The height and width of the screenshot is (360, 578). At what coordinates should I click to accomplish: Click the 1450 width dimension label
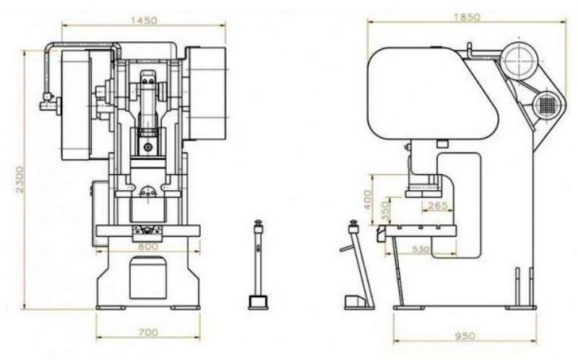click(x=144, y=20)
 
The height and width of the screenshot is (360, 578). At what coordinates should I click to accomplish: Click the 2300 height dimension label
click(x=20, y=179)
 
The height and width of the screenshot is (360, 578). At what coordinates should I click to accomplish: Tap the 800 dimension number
click(x=147, y=247)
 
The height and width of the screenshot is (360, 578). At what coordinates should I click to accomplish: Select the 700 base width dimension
click(x=148, y=333)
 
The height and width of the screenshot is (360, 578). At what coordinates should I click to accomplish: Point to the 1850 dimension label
click(x=467, y=17)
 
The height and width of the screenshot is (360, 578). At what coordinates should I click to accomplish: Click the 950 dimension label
click(x=465, y=336)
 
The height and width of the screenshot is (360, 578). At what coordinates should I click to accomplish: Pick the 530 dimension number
click(x=420, y=249)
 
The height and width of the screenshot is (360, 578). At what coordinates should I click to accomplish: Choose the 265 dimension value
click(x=438, y=205)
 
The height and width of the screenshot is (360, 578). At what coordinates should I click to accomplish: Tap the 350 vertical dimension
click(x=386, y=211)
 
